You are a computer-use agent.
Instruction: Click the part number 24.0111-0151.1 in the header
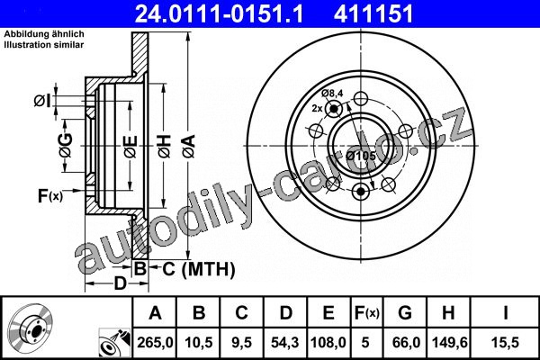pos(219,14)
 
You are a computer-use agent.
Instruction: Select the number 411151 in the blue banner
pos(373,14)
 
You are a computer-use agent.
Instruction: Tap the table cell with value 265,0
pos(155,342)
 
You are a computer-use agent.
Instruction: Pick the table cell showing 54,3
pos(285,342)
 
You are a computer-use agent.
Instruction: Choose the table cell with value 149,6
pos(449,342)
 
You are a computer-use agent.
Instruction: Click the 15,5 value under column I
pos(506,342)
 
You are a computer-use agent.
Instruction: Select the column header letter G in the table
pos(405,312)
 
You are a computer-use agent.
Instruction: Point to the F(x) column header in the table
pos(367,313)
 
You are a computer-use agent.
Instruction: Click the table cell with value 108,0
pos(328,342)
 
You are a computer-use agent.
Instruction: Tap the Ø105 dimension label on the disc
pos(361,156)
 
